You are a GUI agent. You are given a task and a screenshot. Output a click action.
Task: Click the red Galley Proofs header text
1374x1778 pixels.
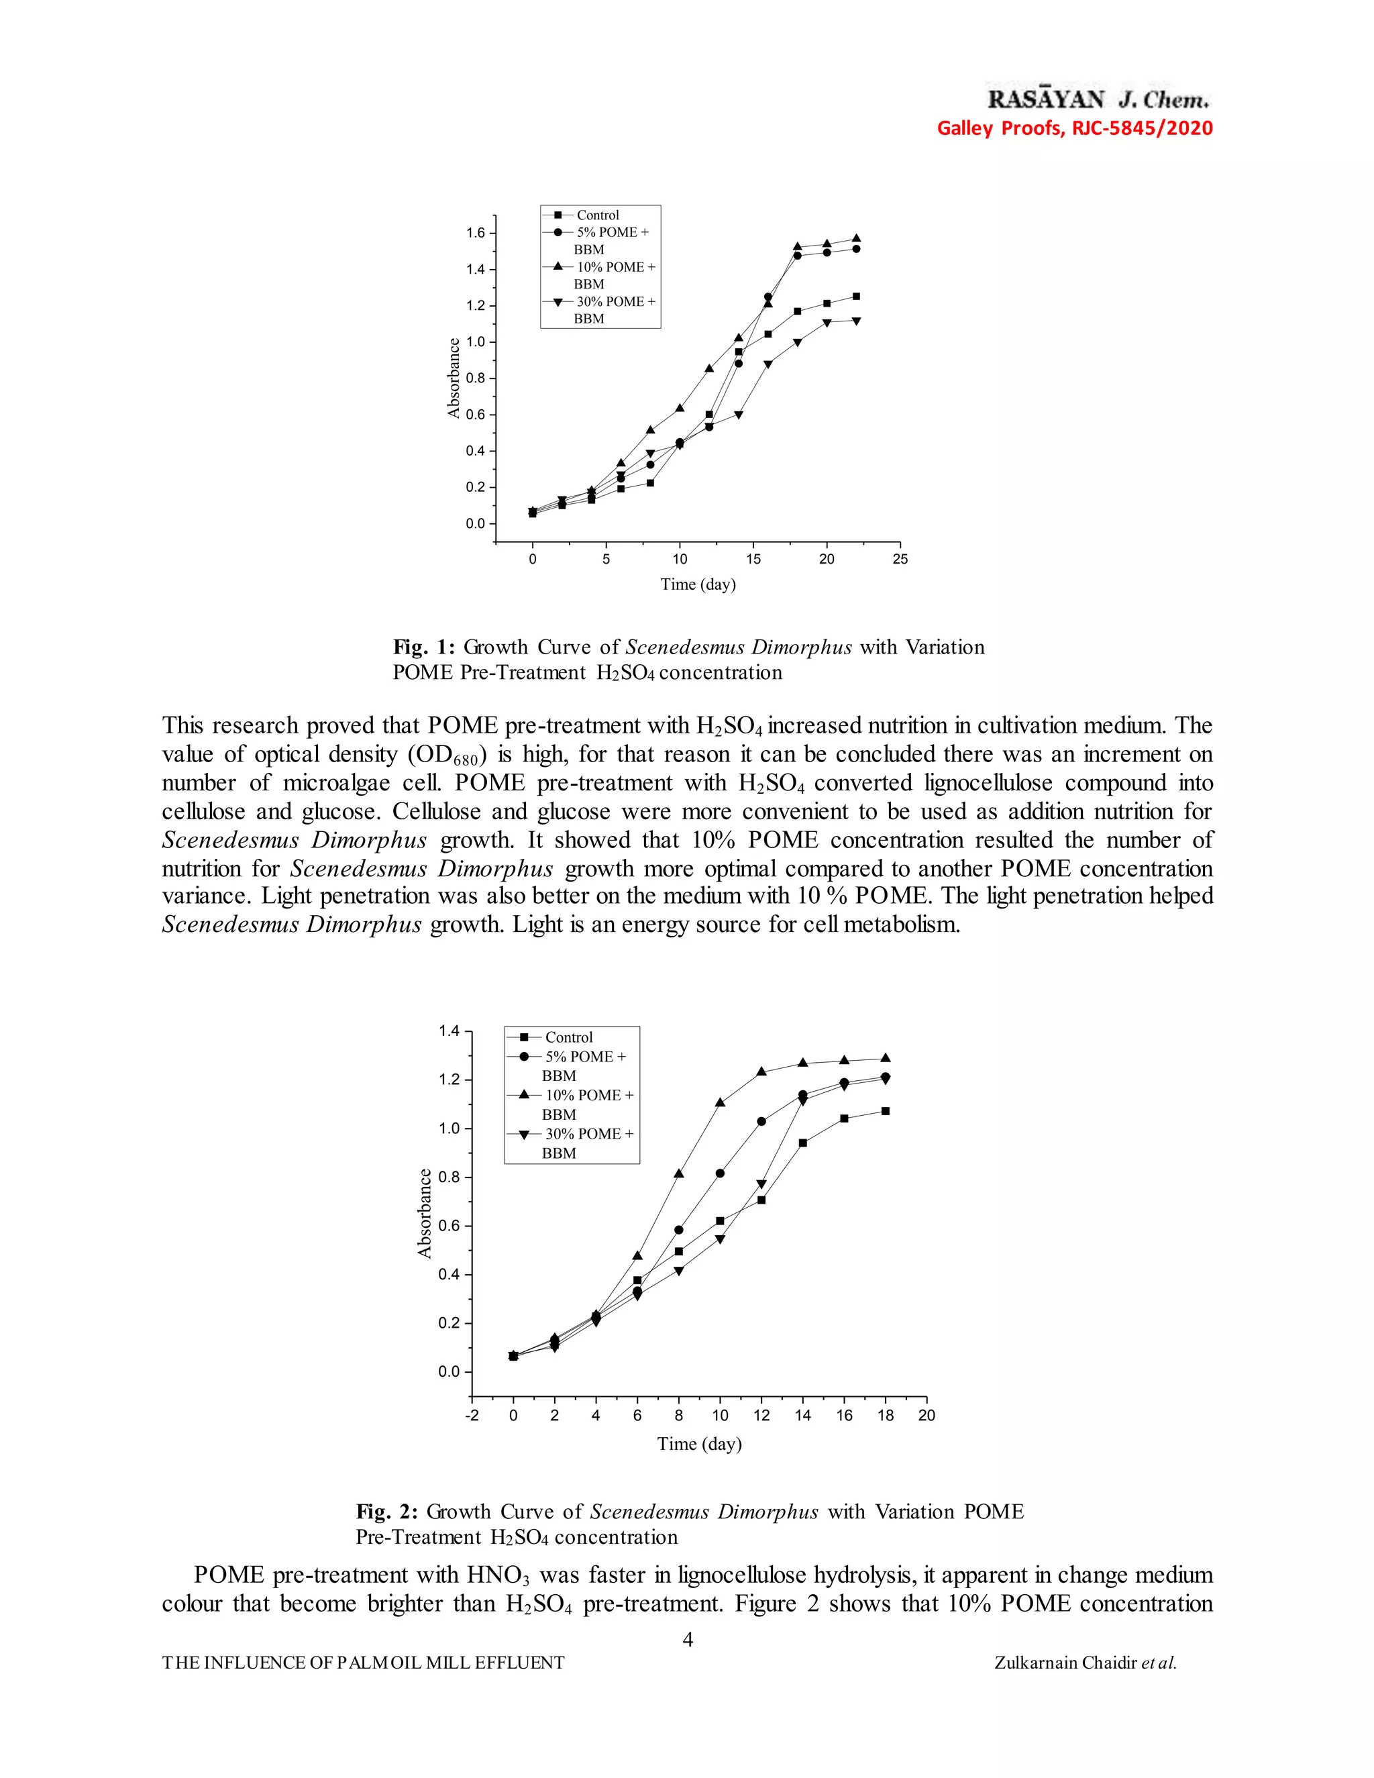tap(1075, 127)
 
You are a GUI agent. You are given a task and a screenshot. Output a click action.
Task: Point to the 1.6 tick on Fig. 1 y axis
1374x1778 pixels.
tap(476, 233)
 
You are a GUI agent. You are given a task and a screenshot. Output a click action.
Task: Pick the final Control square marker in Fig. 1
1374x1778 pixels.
tap(855, 297)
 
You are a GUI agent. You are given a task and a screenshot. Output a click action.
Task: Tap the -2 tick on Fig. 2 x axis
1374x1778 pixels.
tap(472, 1415)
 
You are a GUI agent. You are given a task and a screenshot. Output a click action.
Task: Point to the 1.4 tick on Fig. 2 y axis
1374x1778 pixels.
tap(450, 1031)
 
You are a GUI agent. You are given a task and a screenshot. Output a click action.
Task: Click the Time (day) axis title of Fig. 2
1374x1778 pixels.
tap(699, 1443)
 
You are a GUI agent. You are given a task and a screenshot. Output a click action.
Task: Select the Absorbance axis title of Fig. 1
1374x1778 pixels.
tap(454, 378)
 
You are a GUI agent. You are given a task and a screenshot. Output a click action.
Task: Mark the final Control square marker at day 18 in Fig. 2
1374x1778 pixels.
tap(885, 1111)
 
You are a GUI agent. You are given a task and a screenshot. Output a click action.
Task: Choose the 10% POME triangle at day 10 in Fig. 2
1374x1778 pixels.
tap(721, 1102)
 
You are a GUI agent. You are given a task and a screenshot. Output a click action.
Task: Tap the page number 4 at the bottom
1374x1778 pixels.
tap(687, 1639)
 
